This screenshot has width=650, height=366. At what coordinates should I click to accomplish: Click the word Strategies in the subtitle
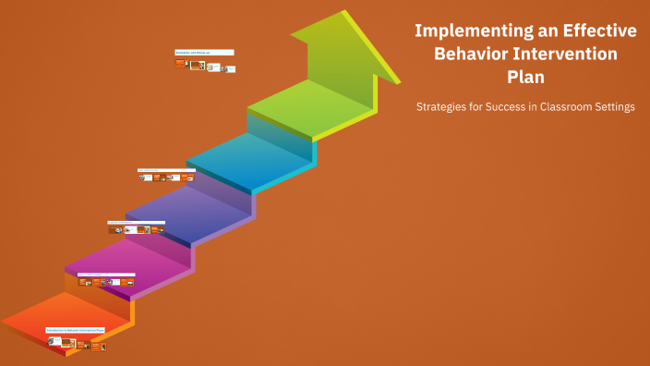tap(442, 107)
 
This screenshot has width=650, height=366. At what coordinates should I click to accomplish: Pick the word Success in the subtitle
tap(512, 107)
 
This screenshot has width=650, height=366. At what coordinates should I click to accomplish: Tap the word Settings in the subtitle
tap(617, 107)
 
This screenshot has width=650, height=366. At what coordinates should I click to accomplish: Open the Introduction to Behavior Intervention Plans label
tap(76, 329)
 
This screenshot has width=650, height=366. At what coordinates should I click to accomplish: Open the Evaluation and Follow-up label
tap(204, 53)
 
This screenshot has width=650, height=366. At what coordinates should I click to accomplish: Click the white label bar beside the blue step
tap(166, 170)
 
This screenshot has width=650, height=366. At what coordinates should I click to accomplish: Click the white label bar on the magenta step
tap(106, 274)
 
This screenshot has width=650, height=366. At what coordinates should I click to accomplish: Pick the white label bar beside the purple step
tap(136, 223)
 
